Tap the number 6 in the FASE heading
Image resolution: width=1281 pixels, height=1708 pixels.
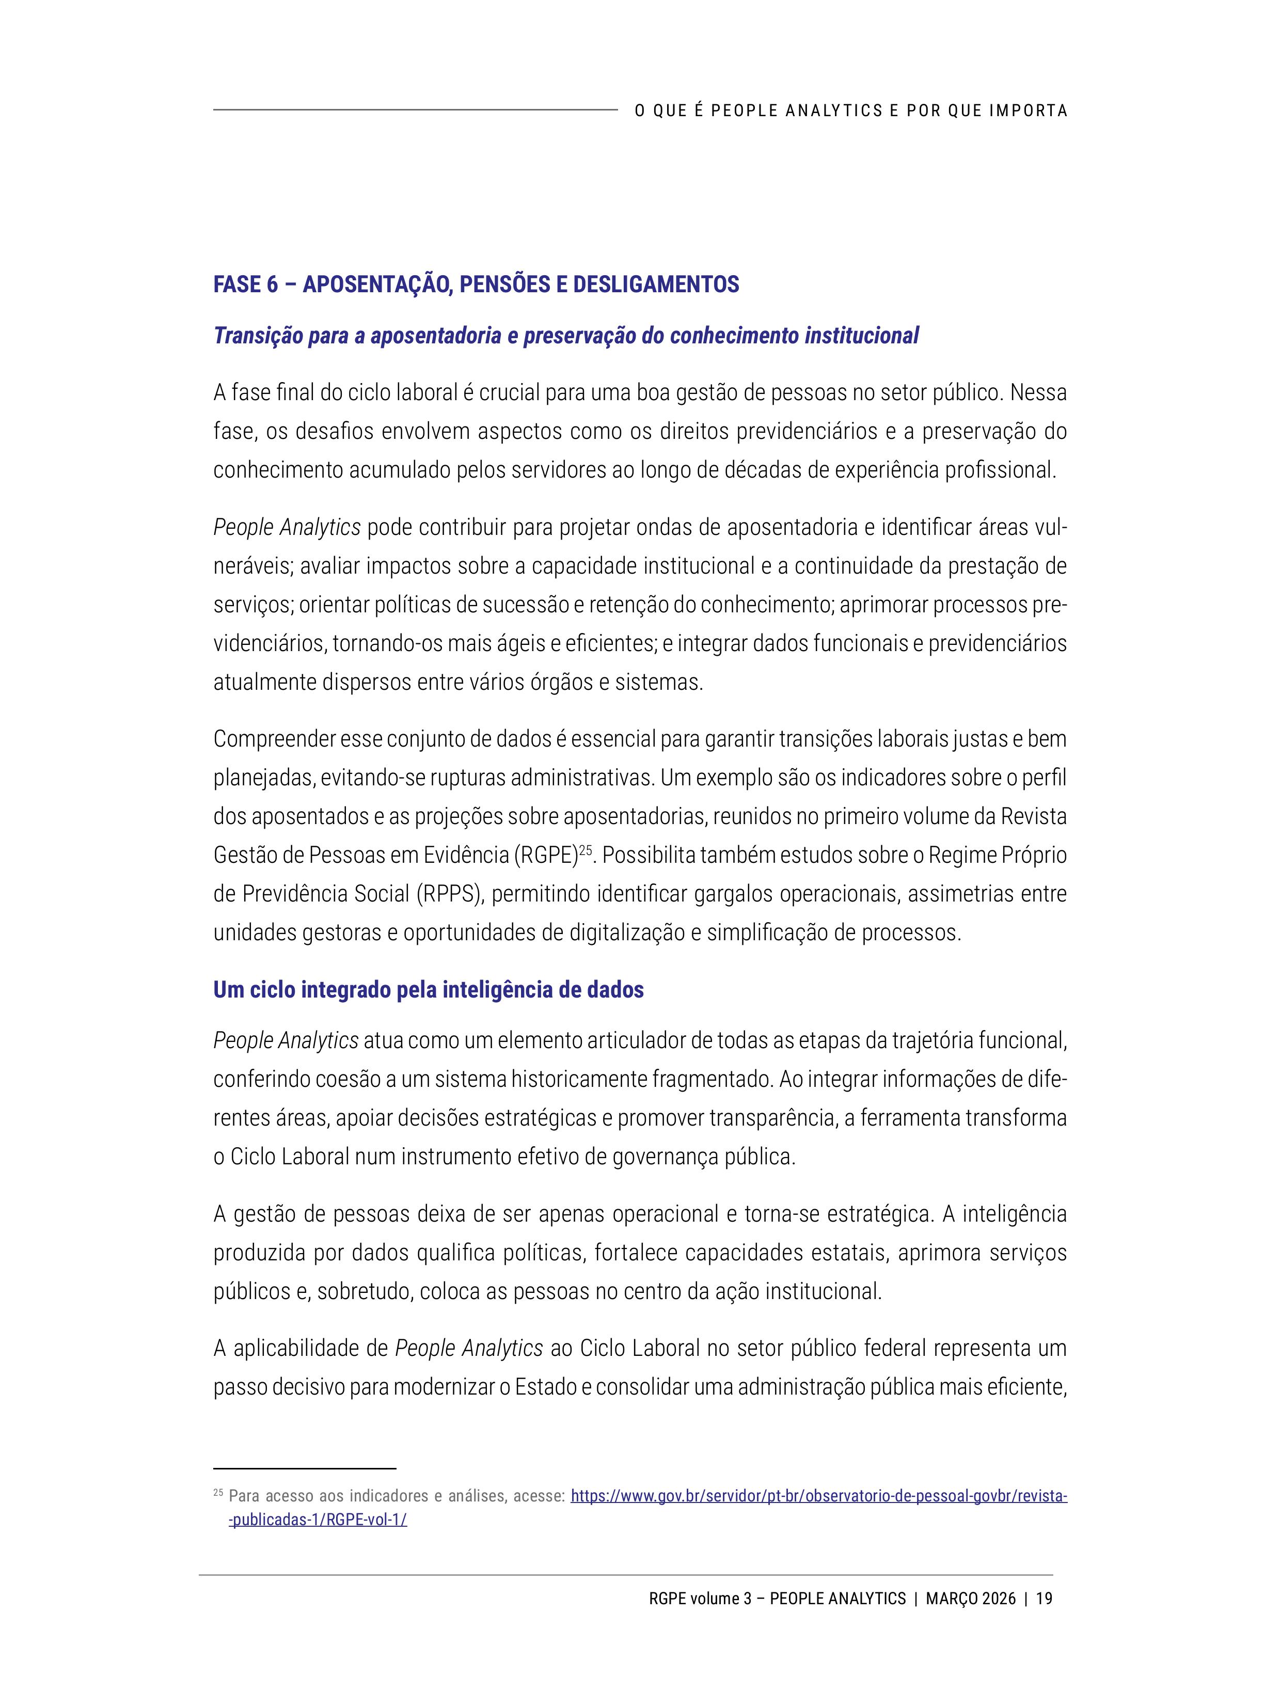pos(273,285)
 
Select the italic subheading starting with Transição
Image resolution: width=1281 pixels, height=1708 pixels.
pos(566,336)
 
